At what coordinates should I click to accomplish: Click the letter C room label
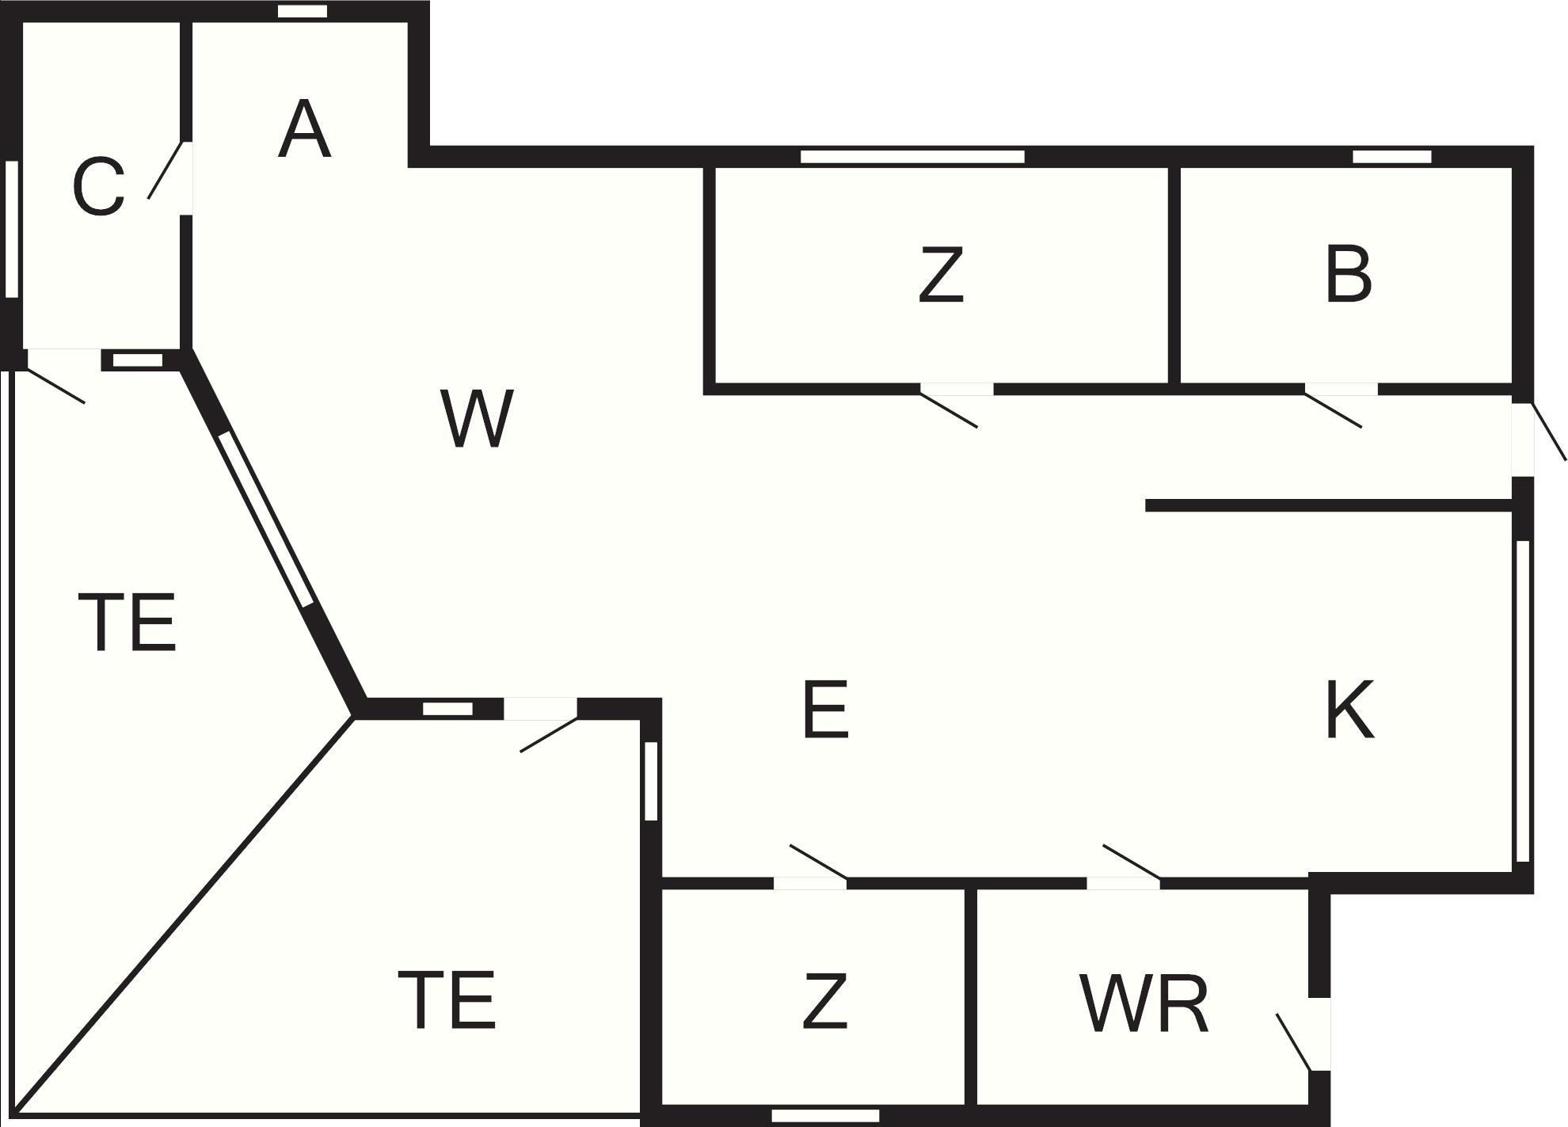[x=98, y=187]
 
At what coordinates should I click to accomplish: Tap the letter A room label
[x=304, y=131]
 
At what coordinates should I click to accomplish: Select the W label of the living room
[x=477, y=418]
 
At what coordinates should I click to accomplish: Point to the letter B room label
[x=1348, y=275]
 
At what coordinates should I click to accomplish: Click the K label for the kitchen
[x=1350, y=710]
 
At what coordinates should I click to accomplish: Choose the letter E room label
[x=825, y=710]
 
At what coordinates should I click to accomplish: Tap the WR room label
[x=1144, y=1004]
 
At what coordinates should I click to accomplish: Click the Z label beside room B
[x=941, y=275]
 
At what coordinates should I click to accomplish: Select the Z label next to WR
[x=824, y=1001]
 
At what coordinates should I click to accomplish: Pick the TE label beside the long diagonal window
[x=127, y=623]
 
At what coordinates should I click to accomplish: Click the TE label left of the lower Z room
[x=447, y=1000]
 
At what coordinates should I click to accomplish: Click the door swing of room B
[x=1334, y=408]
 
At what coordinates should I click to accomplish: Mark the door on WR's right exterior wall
[x=1294, y=1041]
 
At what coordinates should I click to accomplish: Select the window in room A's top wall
[x=303, y=11]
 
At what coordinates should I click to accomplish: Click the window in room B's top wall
[x=1392, y=156]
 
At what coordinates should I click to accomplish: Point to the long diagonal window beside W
[x=266, y=519]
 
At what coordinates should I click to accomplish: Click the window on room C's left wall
[x=12, y=229]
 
